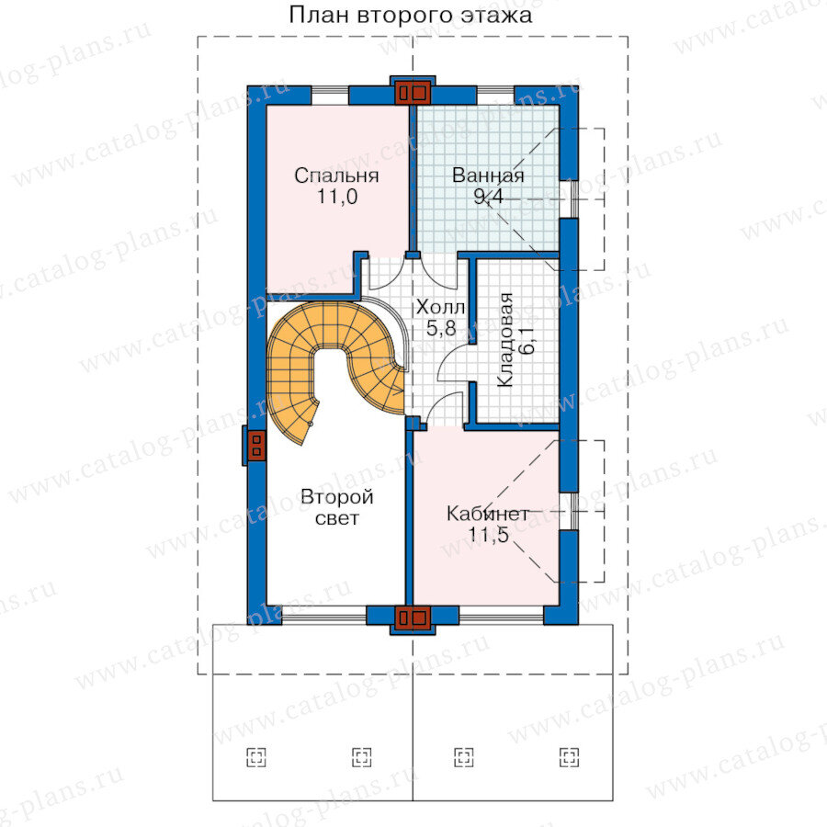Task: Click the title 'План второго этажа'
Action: (x=411, y=16)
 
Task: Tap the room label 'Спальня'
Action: (x=336, y=176)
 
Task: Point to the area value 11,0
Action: (x=337, y=197)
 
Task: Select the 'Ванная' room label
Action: (x=488, y=176)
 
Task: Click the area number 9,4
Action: (x=489, y=197)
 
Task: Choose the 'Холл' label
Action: (x=440, y=307)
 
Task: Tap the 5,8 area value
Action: (x=441, y=329)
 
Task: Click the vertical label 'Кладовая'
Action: (x=505, y=340)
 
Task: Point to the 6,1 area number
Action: (x=527, y=340)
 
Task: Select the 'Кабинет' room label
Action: (x=488, y=514)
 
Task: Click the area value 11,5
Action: (x=489, y=535)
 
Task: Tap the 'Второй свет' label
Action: (x=337, y=507)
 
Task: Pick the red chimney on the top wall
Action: (x=413, y=93)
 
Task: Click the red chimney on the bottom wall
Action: (x=413, y=617)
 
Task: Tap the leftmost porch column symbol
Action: (x=256, y=757)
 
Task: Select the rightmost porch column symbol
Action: (x=569, y=757)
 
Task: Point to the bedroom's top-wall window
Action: (x=330, y=96)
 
